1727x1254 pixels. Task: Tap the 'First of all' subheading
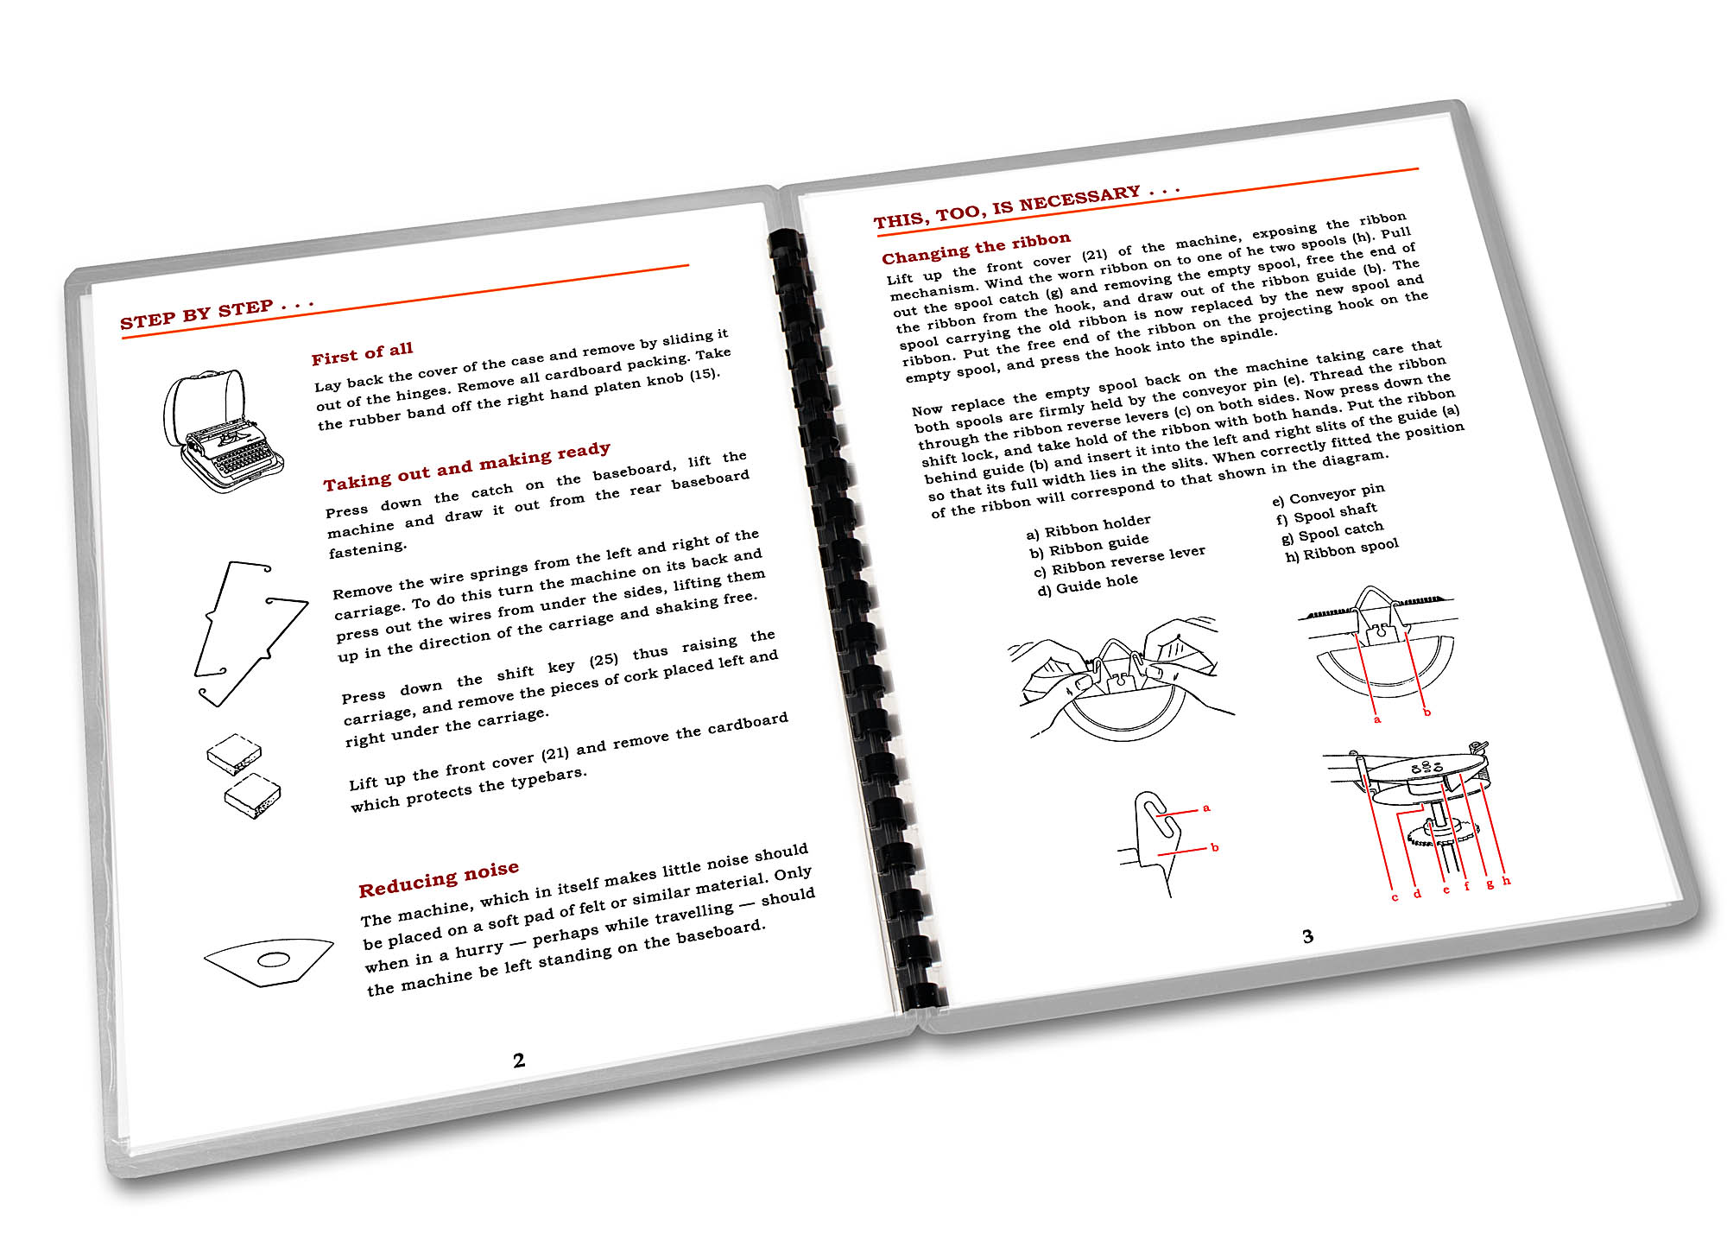(x=363, y=353)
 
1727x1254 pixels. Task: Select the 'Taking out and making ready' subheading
(x=467, y=466)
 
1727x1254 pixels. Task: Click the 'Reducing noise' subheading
(x=439, y=879)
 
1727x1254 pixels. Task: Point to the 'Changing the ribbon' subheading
(x=976, y=248)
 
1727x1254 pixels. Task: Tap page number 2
(x=519, y=1061)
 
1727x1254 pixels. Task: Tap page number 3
(x=1307, y=936)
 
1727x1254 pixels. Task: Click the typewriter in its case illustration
(x=223, y=431)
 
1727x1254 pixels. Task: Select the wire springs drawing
(x=249, y=633)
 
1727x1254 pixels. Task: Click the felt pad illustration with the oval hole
(x=269, y=962)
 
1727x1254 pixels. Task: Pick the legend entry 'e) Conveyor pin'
(x=1328, y=495)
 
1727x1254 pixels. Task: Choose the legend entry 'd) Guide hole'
(x=1088, y=585)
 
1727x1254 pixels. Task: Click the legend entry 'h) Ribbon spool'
(x=1342, y=550)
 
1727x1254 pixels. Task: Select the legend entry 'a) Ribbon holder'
(x=1088, y=526)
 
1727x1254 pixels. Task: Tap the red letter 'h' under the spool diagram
(x=1506, y=881)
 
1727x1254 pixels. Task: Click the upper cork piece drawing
(x=234, y=754)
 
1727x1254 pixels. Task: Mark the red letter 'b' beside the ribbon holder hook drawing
(x=1214, y=847)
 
